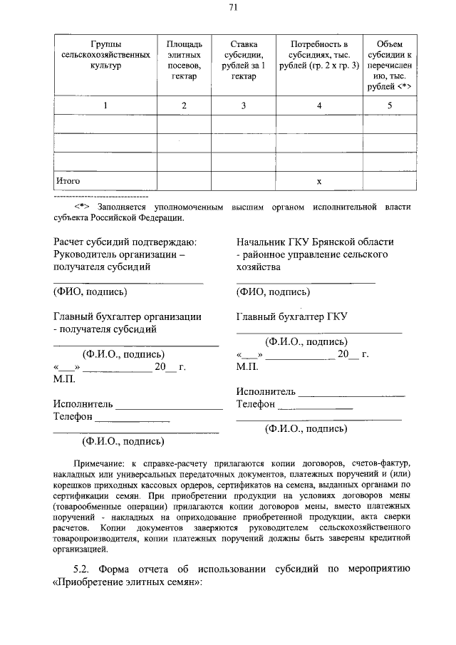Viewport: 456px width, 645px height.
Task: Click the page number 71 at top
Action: [x=233, y=8]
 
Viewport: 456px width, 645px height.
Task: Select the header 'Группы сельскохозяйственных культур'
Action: [x=106, y=54]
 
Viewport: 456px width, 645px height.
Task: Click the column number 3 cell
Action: [x=244, y=105]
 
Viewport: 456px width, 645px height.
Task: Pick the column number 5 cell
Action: [x=389, y=105]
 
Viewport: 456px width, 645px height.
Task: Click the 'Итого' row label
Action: [x=68, y=181]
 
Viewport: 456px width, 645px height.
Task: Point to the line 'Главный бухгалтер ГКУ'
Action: [x=291, y=316]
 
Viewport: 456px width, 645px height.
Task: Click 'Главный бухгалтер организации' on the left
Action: [x=127, y=316]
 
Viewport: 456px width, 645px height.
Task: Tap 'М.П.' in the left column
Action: [x=65, y=380]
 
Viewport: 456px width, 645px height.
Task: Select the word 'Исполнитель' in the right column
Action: [x=265, y=391]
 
